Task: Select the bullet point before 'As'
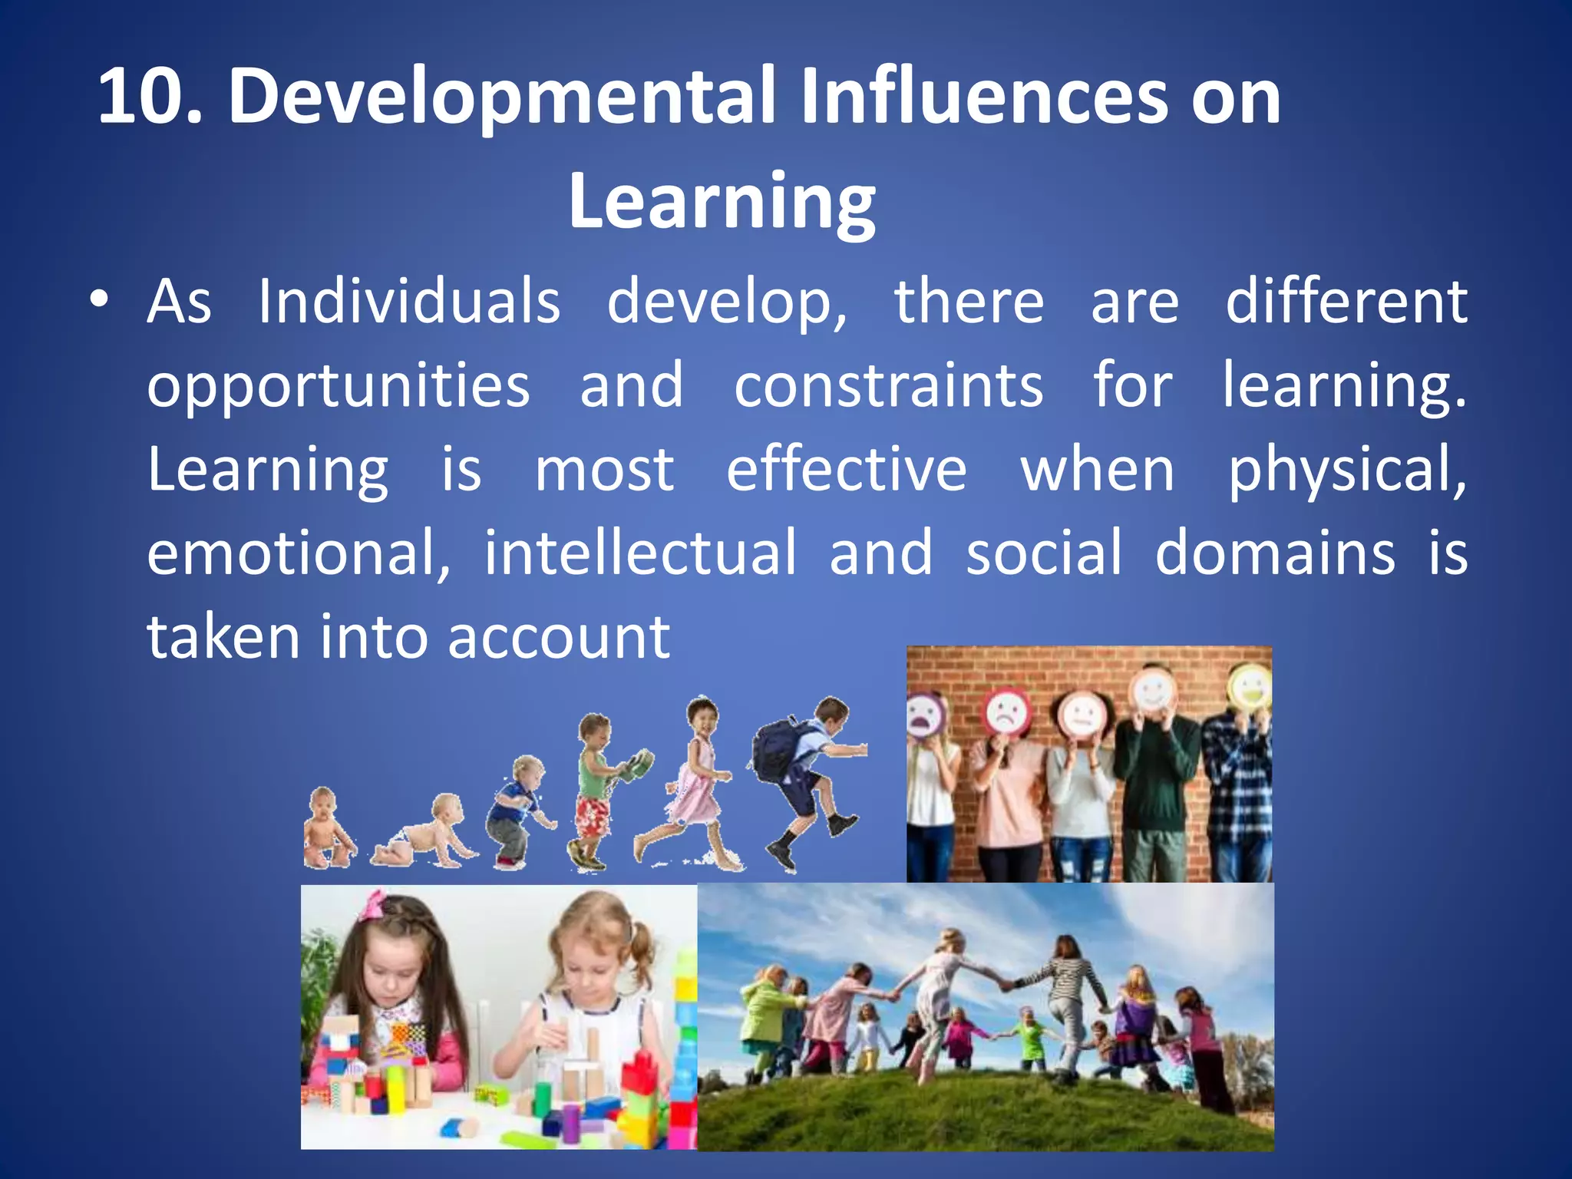[97, 302]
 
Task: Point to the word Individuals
[408, 302]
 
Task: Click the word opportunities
[338, 386]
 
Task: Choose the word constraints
[888, 385]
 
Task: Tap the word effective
[846, 469]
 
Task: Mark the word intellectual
[640, 552]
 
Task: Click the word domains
[1275, 553]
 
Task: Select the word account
[559, 638]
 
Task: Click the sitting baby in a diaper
[327, 829]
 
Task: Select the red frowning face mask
[1006, 713]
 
